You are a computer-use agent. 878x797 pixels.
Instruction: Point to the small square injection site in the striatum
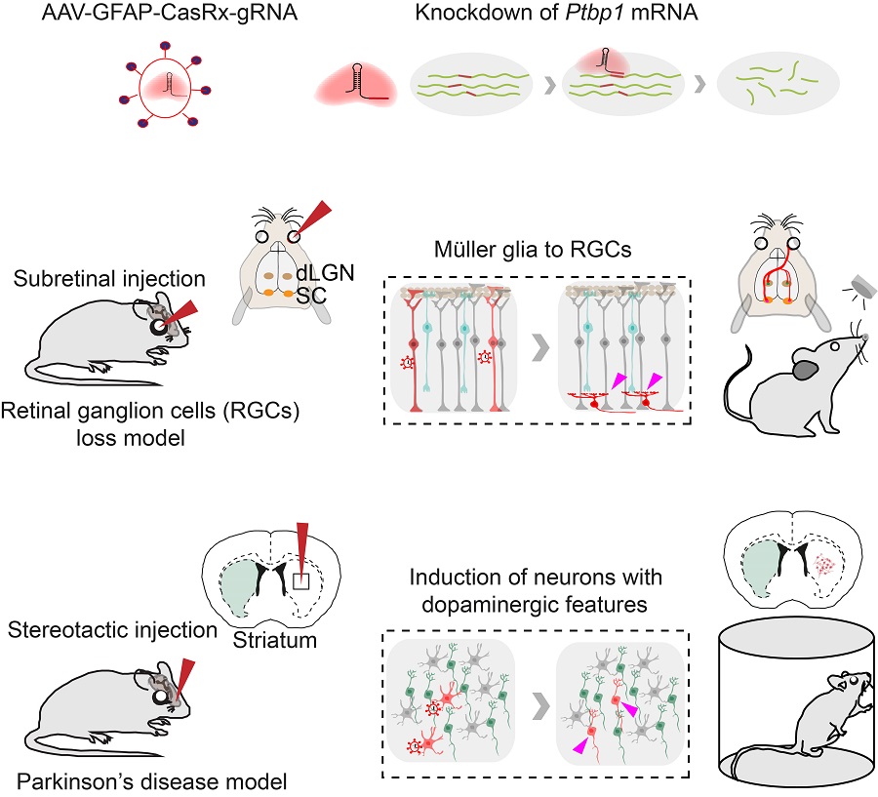pyautogui.click(x=301, y=581)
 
